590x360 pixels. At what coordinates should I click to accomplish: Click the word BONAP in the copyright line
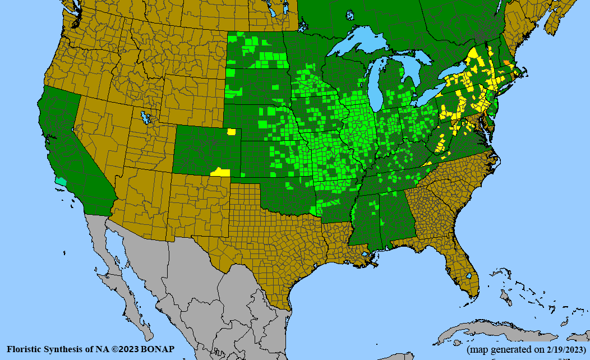(x=159, y=349)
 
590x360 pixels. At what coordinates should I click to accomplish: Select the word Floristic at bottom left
(x=24, y=349)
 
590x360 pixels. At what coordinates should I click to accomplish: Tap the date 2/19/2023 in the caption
(x=561, y=349)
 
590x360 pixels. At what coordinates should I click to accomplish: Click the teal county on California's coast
(x=61, y=182)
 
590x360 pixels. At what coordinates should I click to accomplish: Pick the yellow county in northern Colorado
(x=231, y=132)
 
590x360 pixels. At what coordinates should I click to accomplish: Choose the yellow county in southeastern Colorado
(x=220, y=172)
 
